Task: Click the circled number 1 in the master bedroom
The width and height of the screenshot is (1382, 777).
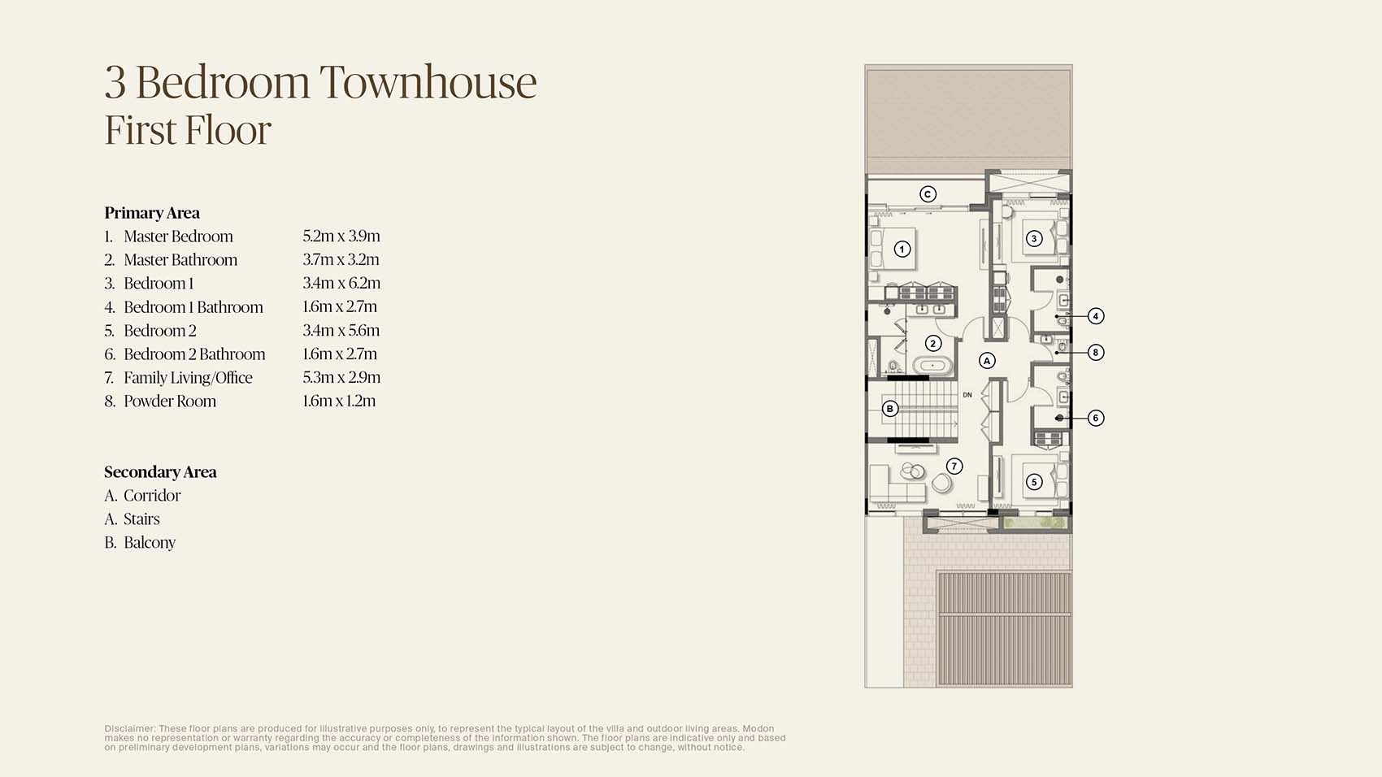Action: click(902, 250)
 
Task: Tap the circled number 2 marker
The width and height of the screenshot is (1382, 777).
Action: click(933, 343)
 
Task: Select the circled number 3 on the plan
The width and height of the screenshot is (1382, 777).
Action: click(1034, 238)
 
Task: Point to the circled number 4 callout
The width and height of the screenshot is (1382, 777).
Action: click(1096, 316)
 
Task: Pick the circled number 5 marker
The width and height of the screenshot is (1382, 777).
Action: click(1034, 482)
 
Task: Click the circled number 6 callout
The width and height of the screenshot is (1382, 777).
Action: click(1096, 418)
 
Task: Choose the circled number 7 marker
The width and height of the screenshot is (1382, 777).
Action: click(954, 466)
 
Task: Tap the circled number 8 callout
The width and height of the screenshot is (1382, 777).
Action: click(1096, 352)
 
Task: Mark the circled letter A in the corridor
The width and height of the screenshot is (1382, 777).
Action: click(987, 360)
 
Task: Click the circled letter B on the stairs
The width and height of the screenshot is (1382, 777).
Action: click(890, 409)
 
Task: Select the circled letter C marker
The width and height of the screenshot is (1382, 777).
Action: click(928, 194)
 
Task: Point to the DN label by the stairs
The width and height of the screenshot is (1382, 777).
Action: click(967, 395)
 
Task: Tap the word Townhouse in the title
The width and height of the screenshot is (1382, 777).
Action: click(428, 82)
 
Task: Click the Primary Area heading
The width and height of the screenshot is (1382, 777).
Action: click(152, 213)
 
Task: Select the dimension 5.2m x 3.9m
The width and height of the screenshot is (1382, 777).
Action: click(341, 237)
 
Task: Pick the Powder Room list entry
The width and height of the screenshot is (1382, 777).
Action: click(169, 402)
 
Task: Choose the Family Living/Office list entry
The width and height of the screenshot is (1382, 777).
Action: click(188, 378)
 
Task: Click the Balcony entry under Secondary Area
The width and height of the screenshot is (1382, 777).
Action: click(149, 543)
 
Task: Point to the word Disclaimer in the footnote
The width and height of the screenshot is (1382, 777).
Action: click(129, 729)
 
